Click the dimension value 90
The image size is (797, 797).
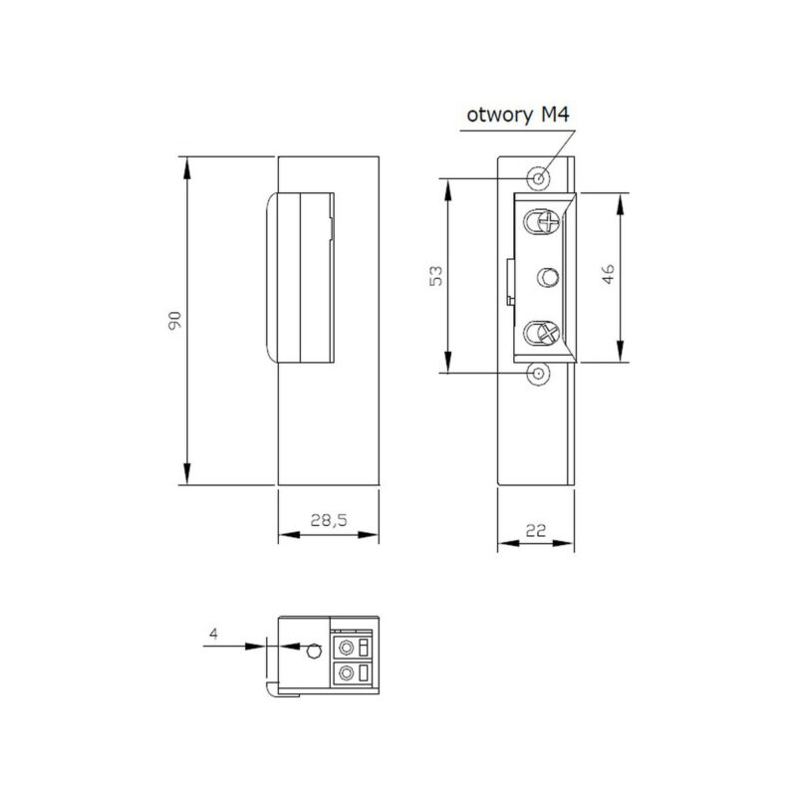[174, 321]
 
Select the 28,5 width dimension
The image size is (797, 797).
[329, 520]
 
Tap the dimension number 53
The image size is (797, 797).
[436, 276]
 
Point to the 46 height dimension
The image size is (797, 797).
[608, 274]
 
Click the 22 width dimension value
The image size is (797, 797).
[536, 531]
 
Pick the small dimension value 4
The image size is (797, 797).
[213, 634]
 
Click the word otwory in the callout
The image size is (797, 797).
[500, 116]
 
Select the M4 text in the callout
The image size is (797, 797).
[555, 114]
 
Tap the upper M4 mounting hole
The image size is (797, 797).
[539, 178]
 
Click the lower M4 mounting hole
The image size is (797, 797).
[538, 375]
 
